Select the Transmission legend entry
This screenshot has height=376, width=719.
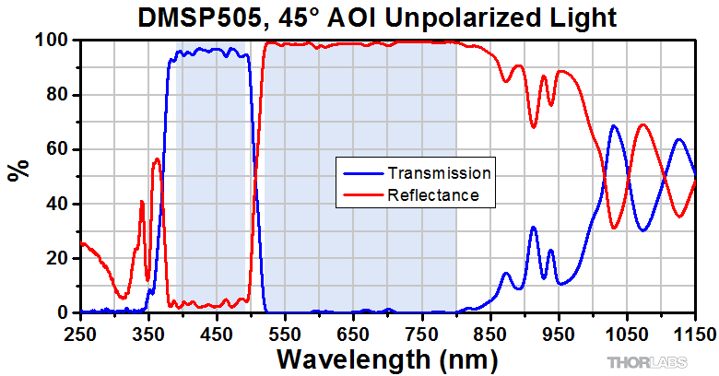click(x=439, y=172)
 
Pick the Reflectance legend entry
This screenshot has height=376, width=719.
click(x=433, y=194)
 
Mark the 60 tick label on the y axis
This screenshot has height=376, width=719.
click(x=60, y=149)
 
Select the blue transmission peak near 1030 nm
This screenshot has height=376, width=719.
click(x=614, y=125)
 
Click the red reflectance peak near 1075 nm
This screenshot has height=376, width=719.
click(x=642, y=124)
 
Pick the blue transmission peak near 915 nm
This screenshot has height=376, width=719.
click(x=533, y=227)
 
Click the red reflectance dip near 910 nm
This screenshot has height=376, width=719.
click(x=533, y=126)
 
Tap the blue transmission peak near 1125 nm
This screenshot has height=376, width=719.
click(x=678, y=139)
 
